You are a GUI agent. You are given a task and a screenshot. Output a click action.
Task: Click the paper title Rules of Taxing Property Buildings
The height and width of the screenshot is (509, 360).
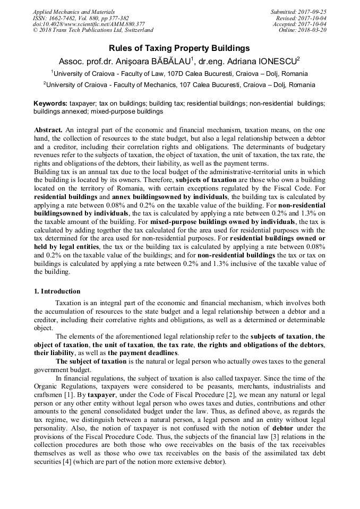[x=179, y=48]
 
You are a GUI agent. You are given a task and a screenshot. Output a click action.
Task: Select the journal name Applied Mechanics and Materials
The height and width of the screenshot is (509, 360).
[x=73, y=12]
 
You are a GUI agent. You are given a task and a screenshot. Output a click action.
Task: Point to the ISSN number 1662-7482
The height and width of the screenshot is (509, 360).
[x=67, y=18]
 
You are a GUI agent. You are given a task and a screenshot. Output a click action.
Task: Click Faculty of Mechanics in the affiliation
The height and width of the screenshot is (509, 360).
[x=148, y=85]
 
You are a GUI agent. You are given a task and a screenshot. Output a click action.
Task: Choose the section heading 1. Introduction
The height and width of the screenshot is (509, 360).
[x=57, y=291]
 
